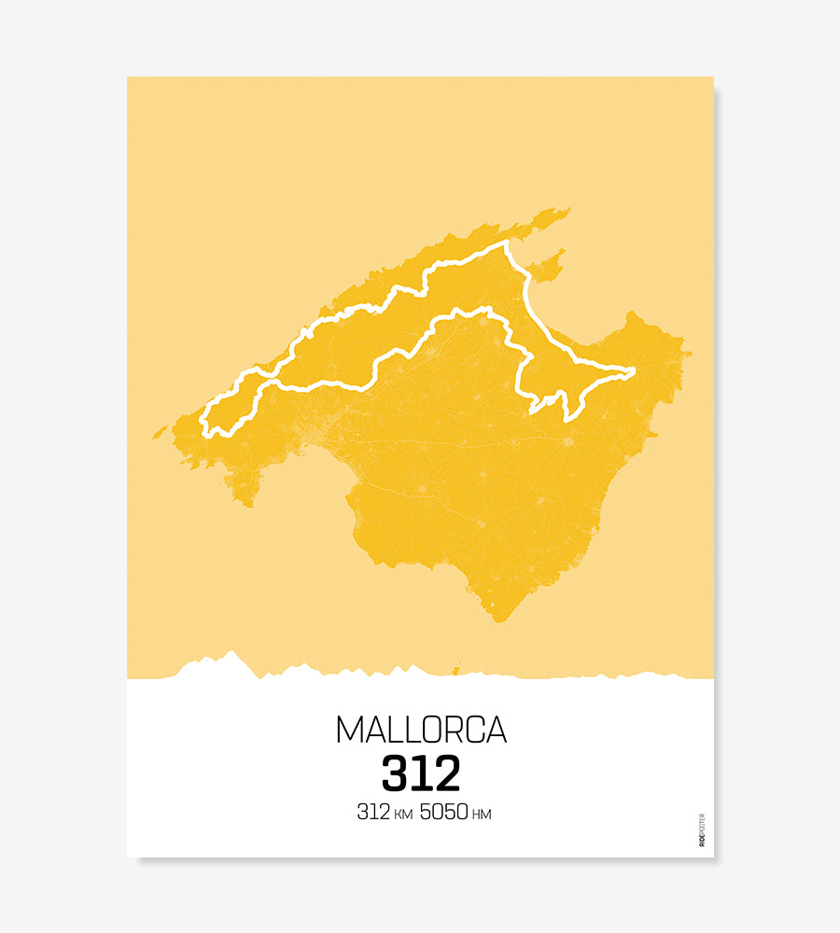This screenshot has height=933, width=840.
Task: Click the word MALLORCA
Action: pos(421,730)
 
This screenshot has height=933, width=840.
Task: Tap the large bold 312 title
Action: pos(421,773)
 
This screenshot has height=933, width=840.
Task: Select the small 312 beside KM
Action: pos(372,813)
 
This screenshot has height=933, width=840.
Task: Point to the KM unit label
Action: pos(402,815)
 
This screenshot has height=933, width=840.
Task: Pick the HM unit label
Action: pos(482,815)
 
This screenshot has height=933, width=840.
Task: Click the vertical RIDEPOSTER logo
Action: pos(701,830)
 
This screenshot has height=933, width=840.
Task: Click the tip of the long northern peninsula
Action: pos(567,210)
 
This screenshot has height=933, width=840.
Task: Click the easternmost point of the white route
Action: pos(634,371)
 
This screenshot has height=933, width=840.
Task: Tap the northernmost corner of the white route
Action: pos(507,243)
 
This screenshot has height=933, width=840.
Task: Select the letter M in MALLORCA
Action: pos(347,730)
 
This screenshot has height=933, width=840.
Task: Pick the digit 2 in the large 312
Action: pos(446,773)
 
